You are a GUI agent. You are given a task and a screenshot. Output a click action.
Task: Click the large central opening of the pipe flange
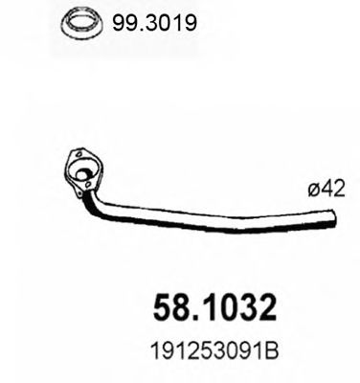point(85,175)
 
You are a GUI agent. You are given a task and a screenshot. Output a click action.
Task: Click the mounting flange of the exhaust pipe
point(84,172)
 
